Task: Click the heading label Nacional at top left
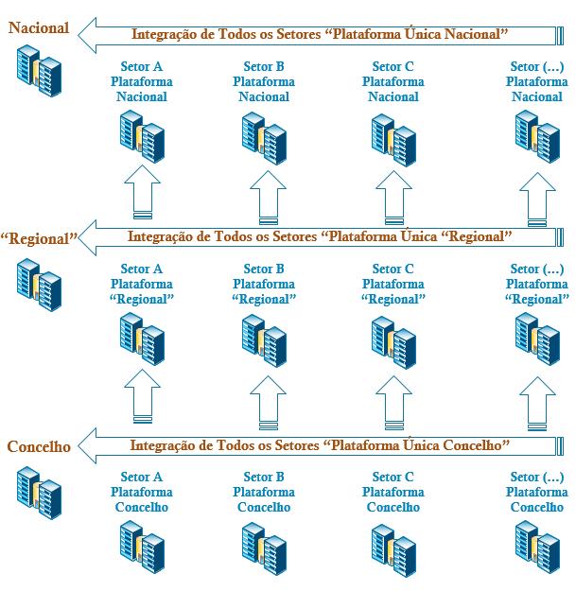pyautogui.click(x=39, y=28)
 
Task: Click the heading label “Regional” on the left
pyautogui.click(x=39, y=239)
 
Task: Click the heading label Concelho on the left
pyautogui.click(x=39, y=447)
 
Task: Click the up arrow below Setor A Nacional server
pyautogui.click(x=142, y=195)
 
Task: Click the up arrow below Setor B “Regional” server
pyautogui.click(x=266, y=402)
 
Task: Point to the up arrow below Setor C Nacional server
pyautogui.click(x=394, y=195)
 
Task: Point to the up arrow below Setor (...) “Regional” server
pyautogui.click(x=537, y=402)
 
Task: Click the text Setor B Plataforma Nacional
pyautogui.click(x=264, y=82)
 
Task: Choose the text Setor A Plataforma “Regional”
pyautogui.click(x=142, y=284)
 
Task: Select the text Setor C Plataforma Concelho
pyautogui.click(x=393, y=492)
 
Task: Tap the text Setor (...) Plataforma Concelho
pyautogui.click(x=537, y=492)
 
